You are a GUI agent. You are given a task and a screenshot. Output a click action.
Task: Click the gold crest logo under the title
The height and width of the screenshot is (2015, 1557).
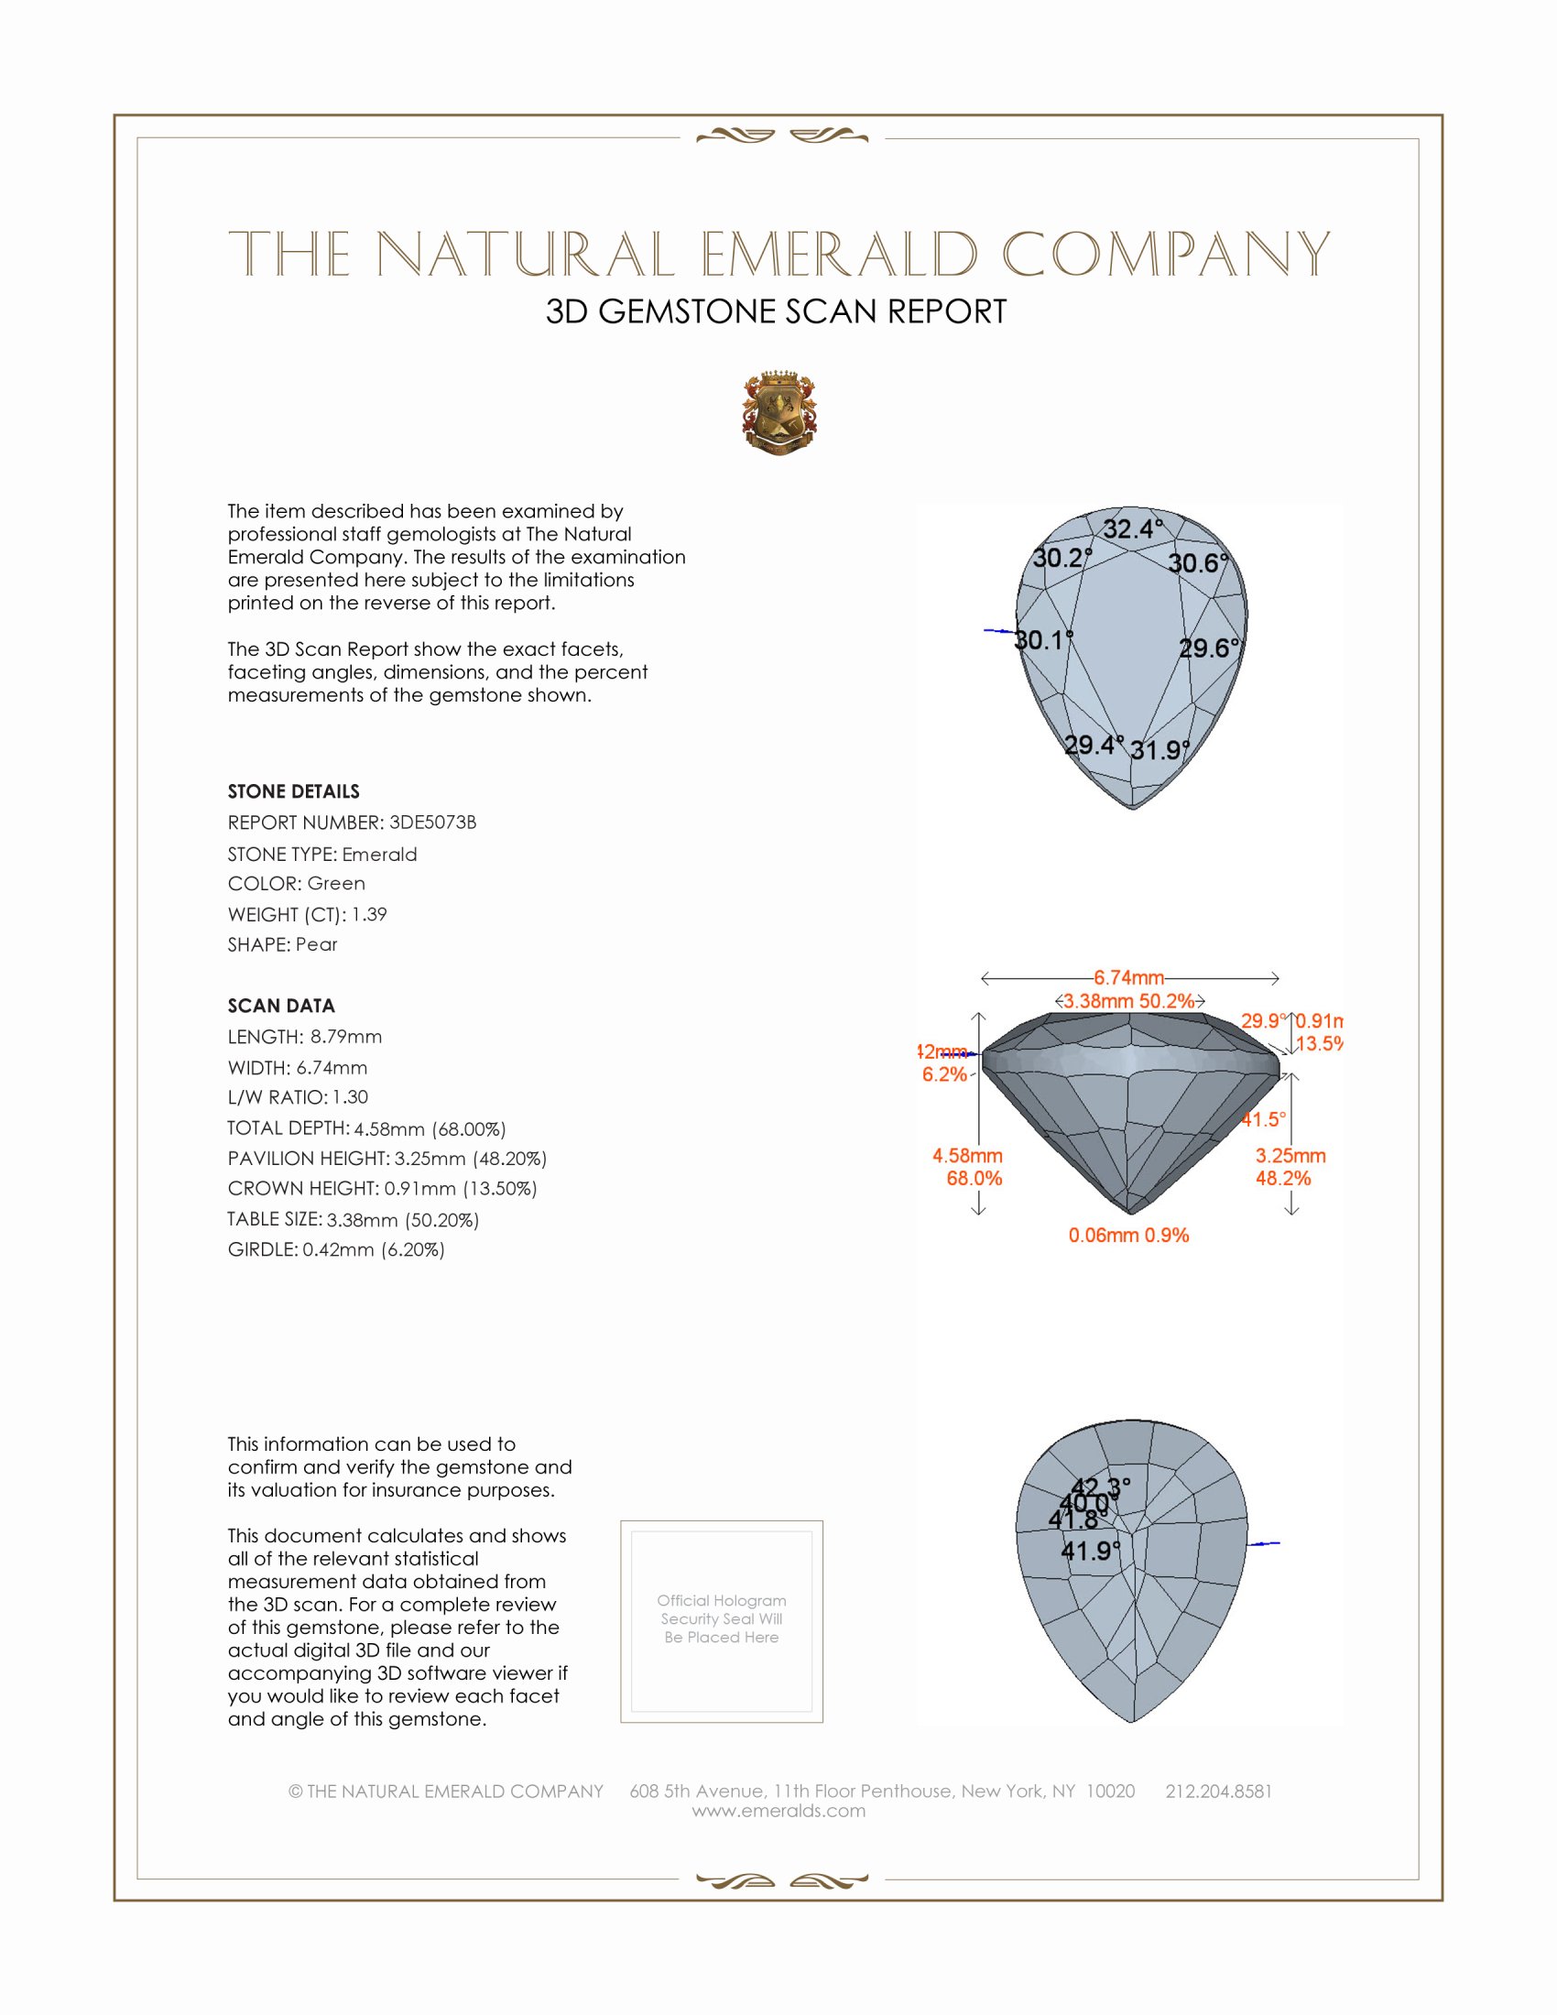click(779, 413)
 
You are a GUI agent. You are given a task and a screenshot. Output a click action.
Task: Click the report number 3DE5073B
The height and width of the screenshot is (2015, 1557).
click(432, 822)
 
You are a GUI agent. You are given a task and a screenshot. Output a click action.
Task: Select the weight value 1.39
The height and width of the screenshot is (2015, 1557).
click(369, 914)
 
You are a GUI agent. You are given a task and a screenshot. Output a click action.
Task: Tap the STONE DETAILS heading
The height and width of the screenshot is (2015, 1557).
click(293, 791)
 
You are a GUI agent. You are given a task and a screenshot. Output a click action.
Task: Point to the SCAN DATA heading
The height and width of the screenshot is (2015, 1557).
click(281, 1006)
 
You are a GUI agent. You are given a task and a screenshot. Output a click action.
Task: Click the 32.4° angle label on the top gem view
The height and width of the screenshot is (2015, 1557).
click(1133, 528)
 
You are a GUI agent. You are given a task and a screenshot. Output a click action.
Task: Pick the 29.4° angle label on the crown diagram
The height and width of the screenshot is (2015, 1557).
click(1094, 745)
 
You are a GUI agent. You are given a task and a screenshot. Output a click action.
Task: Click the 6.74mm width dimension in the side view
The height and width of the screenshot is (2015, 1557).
click(1129, 977)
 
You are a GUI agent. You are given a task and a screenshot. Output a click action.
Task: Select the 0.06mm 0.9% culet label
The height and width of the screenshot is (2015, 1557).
click(1128, 1235)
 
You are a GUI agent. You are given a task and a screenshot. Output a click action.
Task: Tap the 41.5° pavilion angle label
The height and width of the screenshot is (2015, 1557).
click(1264, 1119)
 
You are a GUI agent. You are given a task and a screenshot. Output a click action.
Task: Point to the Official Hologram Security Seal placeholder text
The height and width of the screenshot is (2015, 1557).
click(722, 1618)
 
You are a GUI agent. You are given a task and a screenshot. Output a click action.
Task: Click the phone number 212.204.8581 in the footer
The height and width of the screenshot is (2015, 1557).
click(1218, 1791)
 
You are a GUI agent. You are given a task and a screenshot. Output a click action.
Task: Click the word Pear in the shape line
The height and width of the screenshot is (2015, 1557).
click(316, 945)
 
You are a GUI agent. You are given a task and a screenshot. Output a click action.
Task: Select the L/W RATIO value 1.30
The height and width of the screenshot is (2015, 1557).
click(351, 1097)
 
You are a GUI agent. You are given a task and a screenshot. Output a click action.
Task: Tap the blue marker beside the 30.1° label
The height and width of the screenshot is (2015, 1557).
click(999, 631)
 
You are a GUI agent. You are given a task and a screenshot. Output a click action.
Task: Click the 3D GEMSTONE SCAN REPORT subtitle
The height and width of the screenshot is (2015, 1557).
click(776, 311)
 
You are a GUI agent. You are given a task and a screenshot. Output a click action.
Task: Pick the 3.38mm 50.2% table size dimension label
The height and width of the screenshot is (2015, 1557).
click(1129, 1001)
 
